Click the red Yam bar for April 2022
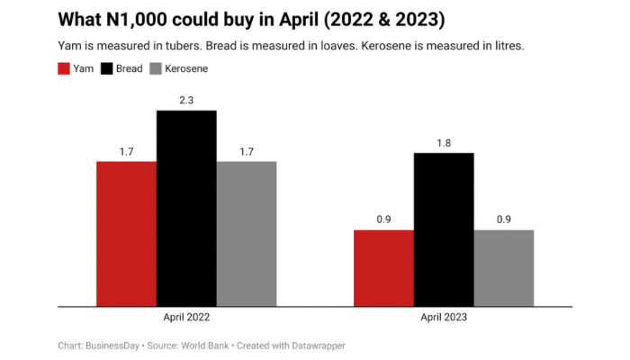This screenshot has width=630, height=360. coord(127,234)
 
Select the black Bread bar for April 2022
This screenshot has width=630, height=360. coord(186,208)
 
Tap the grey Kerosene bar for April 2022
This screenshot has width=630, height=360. coord(246,234)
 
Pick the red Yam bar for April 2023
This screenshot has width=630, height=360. coord(383,268)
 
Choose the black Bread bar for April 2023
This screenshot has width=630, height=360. coord(444,229)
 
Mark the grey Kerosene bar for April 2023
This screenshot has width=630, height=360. coord(503,268)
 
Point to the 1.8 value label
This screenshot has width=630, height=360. coord(444,143)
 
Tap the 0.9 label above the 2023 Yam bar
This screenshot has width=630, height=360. coord(383,220)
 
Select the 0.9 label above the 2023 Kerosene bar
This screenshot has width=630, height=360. coord(503,220)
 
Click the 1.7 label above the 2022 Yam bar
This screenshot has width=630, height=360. coord(127,152)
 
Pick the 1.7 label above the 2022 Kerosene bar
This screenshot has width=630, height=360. coord(246,152)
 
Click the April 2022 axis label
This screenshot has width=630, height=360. coord(187,318)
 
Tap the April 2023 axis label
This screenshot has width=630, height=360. coord(444,318)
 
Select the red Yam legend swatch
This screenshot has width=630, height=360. coord(64,68)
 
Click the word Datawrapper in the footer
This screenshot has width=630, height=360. coord(314,346)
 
